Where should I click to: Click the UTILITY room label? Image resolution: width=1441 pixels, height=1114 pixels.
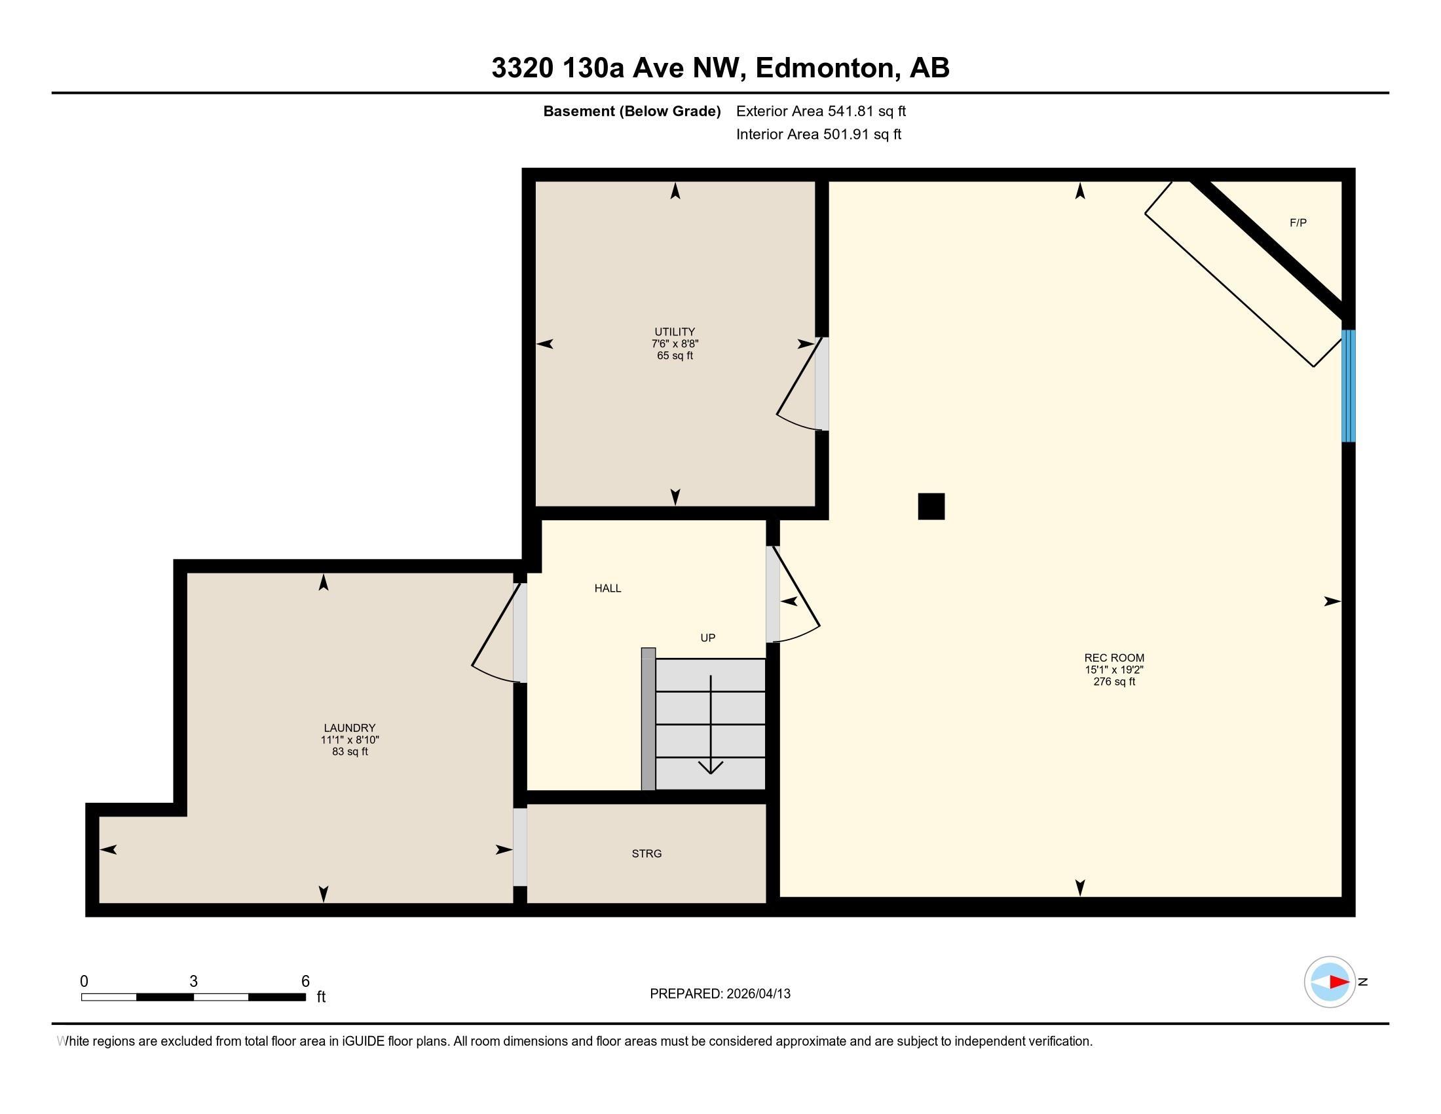click(x=674, y=332)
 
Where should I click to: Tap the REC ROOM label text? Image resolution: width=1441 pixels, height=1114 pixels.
click(x=1114, y=658)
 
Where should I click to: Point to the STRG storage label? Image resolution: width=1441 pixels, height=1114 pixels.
click(x=646, y=854)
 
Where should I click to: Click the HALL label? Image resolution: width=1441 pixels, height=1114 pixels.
click(x=608, y=588)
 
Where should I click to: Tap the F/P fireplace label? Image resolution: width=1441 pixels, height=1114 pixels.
click(x=1298, y=223)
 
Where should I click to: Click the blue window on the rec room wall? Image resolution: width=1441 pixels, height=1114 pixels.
click(x=1349, y=385)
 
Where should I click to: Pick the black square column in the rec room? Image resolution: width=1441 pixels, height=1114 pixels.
click(x=931, y=506)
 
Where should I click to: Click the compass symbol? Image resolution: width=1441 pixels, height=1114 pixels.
click(x=1330, y=982)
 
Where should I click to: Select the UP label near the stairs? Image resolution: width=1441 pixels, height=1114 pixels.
click(x=708, y=638)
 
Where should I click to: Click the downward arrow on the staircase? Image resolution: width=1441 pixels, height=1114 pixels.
click(x=711, y=725)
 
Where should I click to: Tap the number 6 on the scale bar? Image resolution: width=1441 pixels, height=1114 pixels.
click(x=305, y=982)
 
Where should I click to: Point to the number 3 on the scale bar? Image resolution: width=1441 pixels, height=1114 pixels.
click(x=193, y=982)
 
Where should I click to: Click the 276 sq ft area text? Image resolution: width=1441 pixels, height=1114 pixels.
click(x=1114, y=682)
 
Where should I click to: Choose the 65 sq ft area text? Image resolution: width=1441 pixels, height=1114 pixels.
click(x=675, y=356)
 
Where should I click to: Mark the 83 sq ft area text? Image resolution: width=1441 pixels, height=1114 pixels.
click(x=350, y=752)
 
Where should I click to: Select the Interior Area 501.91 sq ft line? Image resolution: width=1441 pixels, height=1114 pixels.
click(x=819, y=134)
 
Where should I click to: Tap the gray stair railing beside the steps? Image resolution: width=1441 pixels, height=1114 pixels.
click(x=648, y=719)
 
